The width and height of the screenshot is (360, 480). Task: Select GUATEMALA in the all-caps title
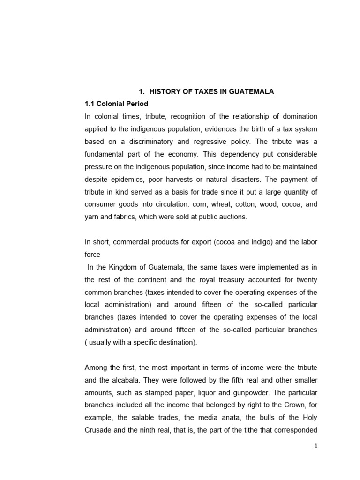(x=252, y=92)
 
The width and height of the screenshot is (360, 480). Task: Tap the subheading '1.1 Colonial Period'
(x=116, y=104)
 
